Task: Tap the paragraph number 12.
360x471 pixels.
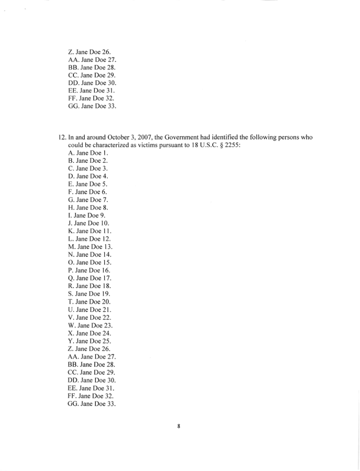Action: pyautogui.click(x=63, y=137)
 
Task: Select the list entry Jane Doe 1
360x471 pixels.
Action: pyautogui.click(x=88, y=153)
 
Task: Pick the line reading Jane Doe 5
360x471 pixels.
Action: pyautogui.click(x=88, y=184)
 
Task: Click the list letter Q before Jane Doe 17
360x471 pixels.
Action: pyautogui.click(x=71, y=278)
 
